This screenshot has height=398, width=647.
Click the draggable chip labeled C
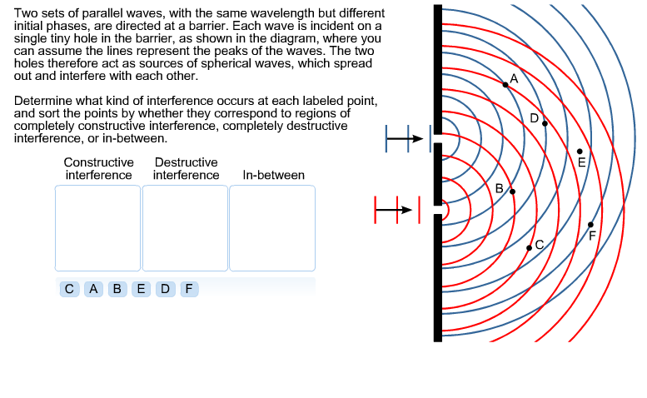70,289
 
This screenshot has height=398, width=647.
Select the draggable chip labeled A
94,289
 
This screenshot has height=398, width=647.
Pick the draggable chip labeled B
118,289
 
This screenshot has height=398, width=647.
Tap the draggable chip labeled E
142,289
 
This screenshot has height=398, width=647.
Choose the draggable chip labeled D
166,289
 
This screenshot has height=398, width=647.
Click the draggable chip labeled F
190,289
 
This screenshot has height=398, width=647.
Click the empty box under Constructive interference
97,227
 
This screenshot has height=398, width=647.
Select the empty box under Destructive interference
185,227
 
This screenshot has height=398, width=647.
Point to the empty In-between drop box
272,227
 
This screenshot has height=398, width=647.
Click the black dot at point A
505,84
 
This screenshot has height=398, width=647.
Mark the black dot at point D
545,123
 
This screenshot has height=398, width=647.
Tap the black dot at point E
580,151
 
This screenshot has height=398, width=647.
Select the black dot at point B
512,192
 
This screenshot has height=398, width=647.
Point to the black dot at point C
529,248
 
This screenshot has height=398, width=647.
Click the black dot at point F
590,225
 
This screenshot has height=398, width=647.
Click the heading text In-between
273,175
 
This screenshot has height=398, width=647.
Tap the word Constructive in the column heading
98,162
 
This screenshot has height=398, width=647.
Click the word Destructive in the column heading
186,162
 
